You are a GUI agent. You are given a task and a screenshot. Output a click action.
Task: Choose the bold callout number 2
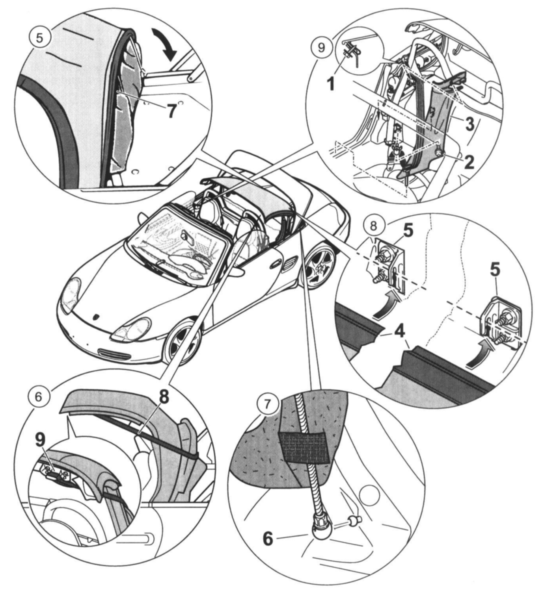468,162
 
